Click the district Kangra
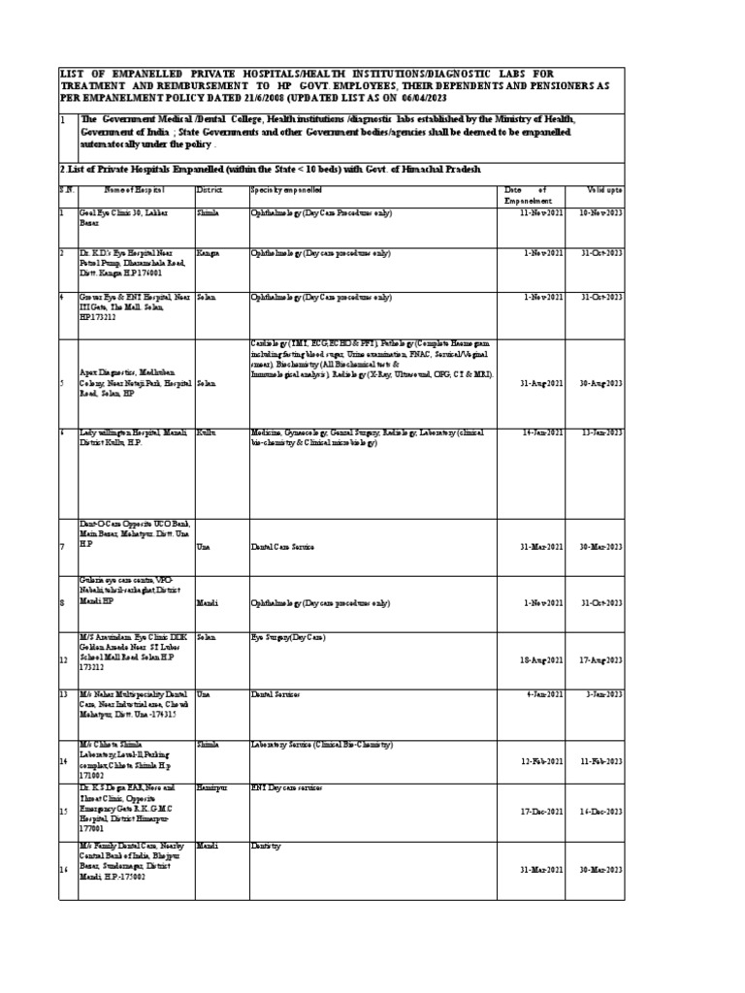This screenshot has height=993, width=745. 207,252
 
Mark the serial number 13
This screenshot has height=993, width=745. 62,695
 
